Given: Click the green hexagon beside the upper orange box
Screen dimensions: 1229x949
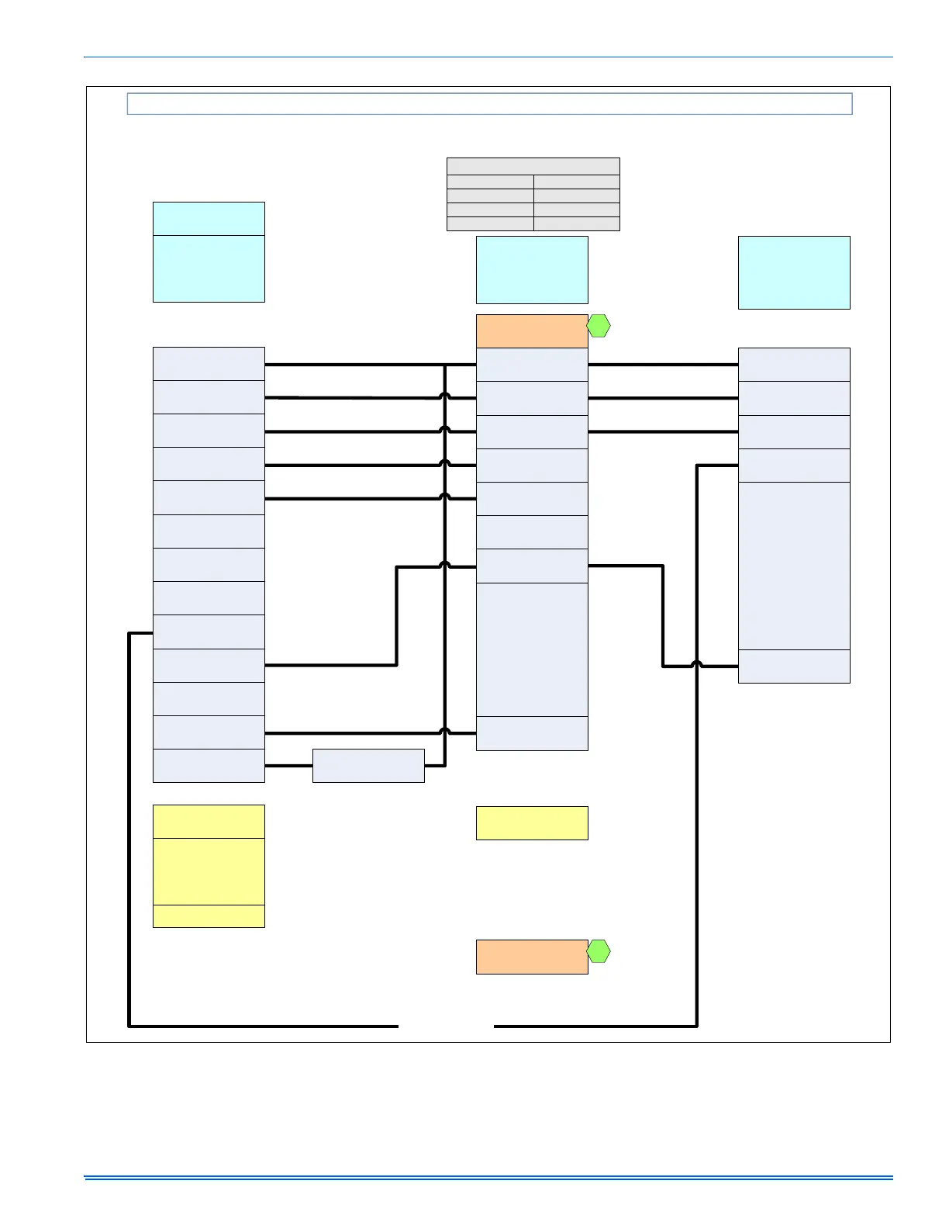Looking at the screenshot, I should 599,327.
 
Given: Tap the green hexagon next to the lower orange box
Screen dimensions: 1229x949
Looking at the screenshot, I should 599,951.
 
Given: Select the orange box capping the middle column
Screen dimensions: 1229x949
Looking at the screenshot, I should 532,331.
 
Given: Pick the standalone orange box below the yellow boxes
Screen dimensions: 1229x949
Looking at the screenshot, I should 532,957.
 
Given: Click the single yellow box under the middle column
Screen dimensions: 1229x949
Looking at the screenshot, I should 532,823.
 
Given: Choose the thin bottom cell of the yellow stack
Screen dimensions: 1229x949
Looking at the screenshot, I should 209,916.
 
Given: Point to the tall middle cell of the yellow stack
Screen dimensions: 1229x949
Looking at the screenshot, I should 209,871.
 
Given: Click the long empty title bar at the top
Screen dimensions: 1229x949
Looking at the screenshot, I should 489,104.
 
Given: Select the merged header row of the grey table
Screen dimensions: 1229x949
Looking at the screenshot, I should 533,166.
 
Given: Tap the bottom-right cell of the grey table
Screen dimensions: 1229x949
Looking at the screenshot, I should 577,224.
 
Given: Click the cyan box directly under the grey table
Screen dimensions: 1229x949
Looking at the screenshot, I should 532,270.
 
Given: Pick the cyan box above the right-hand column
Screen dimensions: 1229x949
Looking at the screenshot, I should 794,272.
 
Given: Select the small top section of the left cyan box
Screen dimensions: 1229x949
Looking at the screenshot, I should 209,219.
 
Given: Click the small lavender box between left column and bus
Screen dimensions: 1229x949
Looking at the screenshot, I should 368,766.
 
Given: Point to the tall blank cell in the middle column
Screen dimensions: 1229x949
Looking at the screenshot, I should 532,649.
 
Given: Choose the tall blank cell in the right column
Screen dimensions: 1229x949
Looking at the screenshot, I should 794,566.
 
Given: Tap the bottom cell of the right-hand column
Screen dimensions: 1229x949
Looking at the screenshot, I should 794,666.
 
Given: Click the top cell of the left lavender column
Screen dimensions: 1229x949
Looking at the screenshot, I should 209,364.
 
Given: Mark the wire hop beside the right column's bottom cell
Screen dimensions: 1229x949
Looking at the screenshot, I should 697,665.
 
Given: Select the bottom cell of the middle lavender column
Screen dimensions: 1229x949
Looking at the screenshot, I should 532,733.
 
